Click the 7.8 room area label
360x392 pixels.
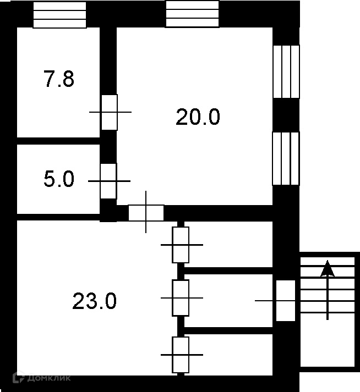click(x=59, y=80)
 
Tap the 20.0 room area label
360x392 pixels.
click(x=198, y=117)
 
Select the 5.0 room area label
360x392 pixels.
click(x=59, y=179)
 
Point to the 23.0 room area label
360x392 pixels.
click(x=94, y=301)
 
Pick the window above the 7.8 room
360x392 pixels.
click(x=59, y=15)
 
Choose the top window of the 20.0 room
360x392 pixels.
click(x=192, y=15)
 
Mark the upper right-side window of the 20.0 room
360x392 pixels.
click(x=286, y=71)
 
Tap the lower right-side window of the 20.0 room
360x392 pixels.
click(x=286, y=159)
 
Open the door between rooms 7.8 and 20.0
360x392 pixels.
click(x=109, y=112)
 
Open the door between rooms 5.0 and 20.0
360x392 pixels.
click(x=108, y=181)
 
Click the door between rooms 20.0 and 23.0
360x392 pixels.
click(x=146, y=212)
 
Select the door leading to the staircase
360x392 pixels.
click(x=285, y=301)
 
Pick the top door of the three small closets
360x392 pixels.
click(x=181, y=245)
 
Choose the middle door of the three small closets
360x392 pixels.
click(x=181, y=297)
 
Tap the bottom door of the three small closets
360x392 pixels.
click(x=181, y=355)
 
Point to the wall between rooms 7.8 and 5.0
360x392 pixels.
click(x=58, y=141)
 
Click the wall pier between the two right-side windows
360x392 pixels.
click(x=286, y=115)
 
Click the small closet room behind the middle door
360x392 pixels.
click(x=228, y=301)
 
